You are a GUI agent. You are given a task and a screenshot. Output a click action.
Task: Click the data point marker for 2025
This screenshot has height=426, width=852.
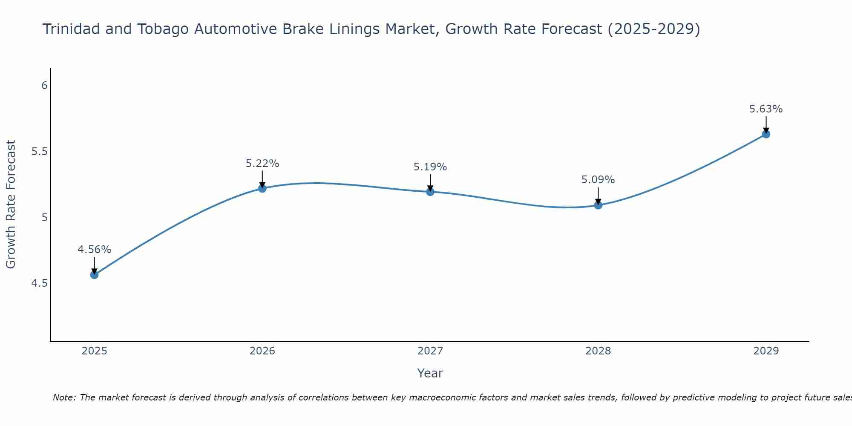94,275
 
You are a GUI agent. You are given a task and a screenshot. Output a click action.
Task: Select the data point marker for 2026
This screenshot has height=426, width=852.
262,188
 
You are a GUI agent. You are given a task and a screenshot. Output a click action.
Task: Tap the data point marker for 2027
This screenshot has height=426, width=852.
430,192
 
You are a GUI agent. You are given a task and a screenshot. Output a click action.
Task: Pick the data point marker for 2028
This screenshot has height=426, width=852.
598,205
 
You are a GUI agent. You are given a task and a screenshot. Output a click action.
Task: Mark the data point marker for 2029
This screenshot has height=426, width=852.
766,134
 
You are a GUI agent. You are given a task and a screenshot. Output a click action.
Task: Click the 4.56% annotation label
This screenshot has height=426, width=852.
94,250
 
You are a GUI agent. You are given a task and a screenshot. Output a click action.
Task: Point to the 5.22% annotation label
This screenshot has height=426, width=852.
262,164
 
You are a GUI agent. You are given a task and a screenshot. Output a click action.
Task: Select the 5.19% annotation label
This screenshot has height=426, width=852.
430,167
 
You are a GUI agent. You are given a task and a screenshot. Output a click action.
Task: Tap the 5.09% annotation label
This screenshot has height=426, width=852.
598,180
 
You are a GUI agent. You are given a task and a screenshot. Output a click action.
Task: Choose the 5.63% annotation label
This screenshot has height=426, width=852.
766,109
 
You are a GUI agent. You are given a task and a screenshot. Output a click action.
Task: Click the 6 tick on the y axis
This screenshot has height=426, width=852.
44,86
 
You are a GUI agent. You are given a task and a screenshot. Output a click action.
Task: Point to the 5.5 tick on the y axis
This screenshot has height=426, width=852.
40,152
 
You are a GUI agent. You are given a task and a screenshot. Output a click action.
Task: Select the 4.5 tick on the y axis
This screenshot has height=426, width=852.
40,283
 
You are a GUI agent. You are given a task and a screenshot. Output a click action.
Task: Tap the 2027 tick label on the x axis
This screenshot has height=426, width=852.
430,351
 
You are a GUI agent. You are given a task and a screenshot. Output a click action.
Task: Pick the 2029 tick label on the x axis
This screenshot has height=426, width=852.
766,351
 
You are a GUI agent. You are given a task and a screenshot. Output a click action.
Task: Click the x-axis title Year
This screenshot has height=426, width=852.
430,373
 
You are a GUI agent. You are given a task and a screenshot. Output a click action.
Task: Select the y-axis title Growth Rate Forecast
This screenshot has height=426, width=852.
11,204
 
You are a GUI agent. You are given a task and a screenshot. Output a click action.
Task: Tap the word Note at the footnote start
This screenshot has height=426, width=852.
64,397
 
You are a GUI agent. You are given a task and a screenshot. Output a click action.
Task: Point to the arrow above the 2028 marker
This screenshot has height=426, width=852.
598,196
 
